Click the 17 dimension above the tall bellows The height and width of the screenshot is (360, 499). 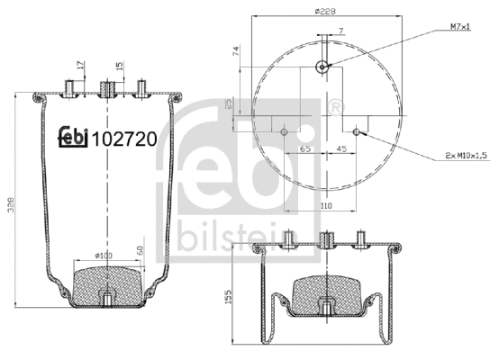pyautogui.click(x=79, y=66)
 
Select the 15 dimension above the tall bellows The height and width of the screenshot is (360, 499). pyautogui.click(x=120, y=66)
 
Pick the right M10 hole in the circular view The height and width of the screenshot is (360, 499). pyautogui.click(x=359, y=131)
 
